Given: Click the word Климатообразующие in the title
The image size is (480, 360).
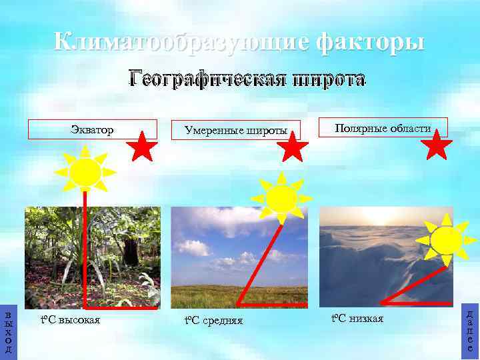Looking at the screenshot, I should [x=181, y=42].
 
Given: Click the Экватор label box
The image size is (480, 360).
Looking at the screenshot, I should [x=92, y=129].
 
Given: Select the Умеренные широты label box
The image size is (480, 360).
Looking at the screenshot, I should [x=236, y=130].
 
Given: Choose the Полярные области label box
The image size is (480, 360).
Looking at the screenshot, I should [x=383, y=127].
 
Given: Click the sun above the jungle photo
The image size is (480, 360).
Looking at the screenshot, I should [x=85, y=171].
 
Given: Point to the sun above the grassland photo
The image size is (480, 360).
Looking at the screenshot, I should [x=281, y=198].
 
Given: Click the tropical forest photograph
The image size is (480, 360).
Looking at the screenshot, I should [x=93, y=257].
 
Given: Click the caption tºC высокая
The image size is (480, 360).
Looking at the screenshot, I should [x=70, y=320].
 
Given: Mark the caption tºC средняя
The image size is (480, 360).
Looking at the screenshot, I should [x=213, y=321].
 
